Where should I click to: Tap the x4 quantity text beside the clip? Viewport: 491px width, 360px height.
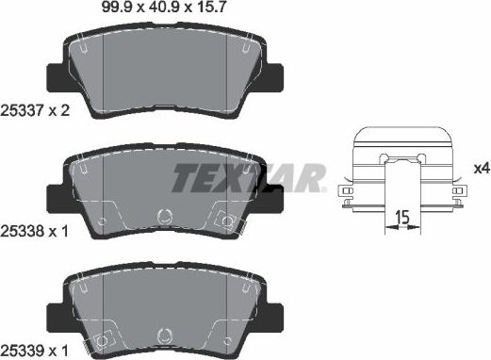[481, 168]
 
